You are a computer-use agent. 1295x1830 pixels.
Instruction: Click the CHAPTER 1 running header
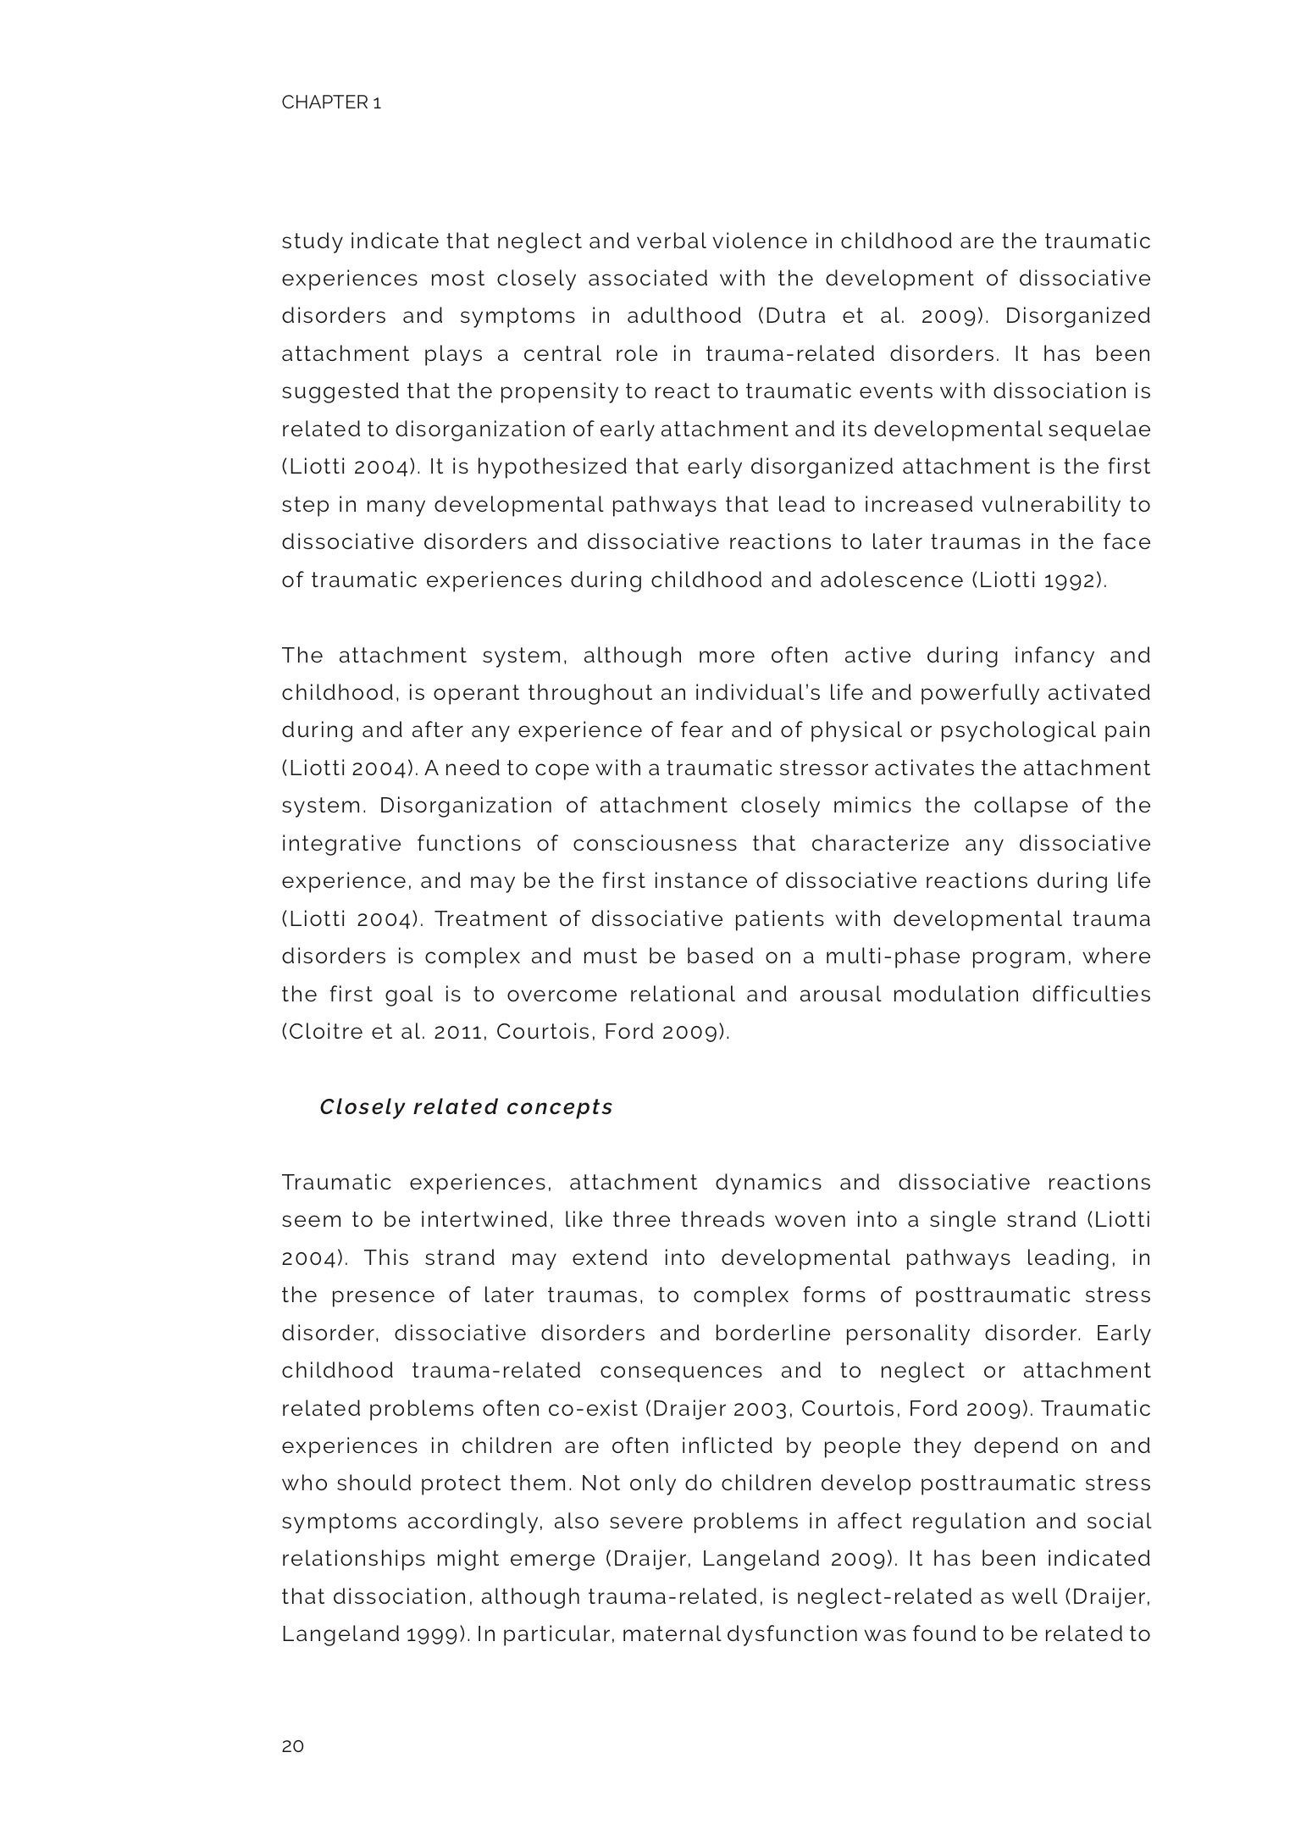coord(331,103)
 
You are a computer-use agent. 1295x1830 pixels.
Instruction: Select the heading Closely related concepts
coord(466,1107)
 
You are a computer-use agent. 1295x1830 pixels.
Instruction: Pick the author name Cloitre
coord(320,1033)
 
